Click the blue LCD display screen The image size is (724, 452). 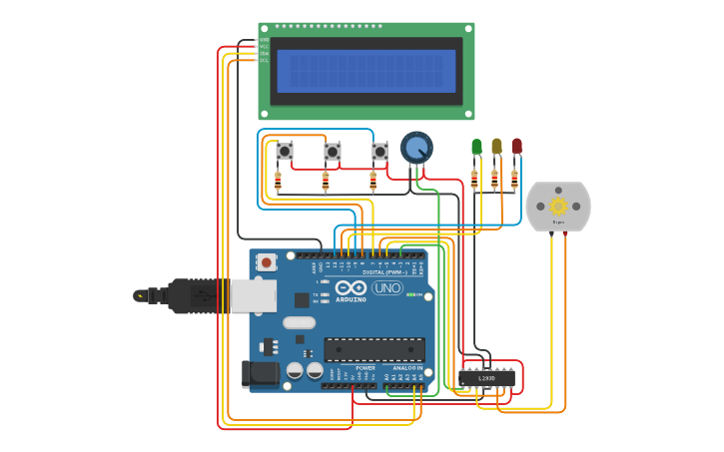365,71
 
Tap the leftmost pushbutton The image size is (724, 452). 285,152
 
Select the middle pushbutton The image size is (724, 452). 332,152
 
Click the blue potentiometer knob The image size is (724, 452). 416,148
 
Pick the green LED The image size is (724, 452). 476,147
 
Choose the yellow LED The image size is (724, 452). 496,147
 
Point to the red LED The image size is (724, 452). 516,146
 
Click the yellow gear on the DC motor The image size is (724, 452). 558,206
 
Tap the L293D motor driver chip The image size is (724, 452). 486,378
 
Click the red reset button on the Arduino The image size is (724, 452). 266,262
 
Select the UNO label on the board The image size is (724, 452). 386,288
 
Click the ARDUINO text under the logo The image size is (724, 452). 351,299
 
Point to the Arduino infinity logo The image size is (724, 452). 351,287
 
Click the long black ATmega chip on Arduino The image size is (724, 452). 374,349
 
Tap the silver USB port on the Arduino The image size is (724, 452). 253,295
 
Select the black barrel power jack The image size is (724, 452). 258,374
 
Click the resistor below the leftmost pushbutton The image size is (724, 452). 278,181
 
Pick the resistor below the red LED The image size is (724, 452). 514,180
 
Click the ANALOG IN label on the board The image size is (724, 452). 406,368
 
